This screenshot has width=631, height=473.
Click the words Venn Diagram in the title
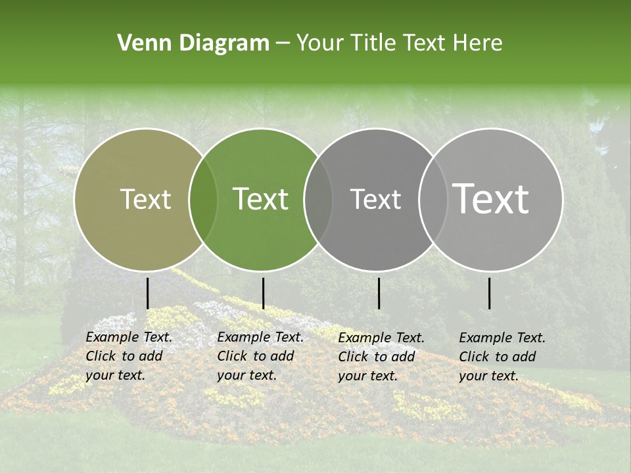pyautogui.click(x=193, y=43)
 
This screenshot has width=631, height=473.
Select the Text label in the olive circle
pyautogui.click(x=146, y=200)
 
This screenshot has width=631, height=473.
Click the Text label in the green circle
pyautogui.click(x=261, y=200)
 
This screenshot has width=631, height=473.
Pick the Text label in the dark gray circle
pyautogui.click(x=376, y=200)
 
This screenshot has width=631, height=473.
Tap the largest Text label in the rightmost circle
pyautogui.click(x=491, y=199)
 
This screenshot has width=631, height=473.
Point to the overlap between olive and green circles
pyautogui.click(x=203, y=200)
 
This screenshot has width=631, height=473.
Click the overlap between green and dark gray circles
pyautogui.click(x=318, y=200)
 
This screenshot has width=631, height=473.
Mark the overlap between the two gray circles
pyautogui.click(x=432, y=200)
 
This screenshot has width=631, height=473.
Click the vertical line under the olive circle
pyautogui.click(x=147, y=293)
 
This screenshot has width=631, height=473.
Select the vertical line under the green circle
pyautogui.click(x=263, y=293)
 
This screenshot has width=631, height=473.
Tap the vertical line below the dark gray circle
pyautogui.click(x=379, y=293)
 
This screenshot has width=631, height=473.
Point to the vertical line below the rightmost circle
pyautogui.click(x=489, y=293)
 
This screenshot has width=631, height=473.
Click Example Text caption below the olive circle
pyautogui.click(x=129, y=337)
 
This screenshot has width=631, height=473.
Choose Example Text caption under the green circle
pyautogui.click(x=260, y=337)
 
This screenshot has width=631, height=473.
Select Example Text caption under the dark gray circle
pyautogui.click(x=381, y=338)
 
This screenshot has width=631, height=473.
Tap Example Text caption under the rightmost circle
pyautogui.click(x=502, y=338)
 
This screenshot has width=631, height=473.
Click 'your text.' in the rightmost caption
pyautogui.click(x=488, y=376)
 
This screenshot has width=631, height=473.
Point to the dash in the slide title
pyautogui.click(x=283, y=44)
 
